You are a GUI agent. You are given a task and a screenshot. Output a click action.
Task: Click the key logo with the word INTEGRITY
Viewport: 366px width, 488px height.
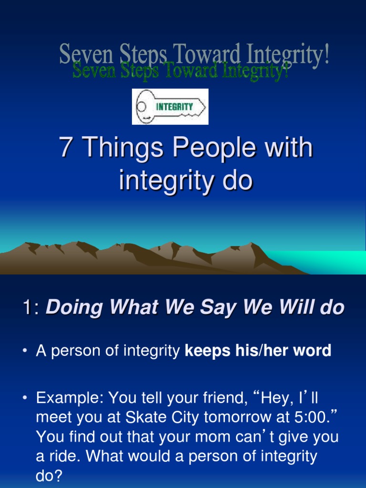pyautogui.click(x=170, y=107)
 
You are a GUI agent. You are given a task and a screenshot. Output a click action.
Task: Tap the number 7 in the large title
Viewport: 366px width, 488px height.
pyautogui.click(x=65, y=148)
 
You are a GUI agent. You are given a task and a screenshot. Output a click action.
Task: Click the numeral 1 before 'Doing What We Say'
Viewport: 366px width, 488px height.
pyautogui.click(x=27, y=308)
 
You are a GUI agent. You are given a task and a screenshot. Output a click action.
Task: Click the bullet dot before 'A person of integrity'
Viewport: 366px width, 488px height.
pyautogui.click(x=25, y=352)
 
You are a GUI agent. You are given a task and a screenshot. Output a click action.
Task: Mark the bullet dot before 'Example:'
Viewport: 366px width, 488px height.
pyautogui.click(x=25, y=397)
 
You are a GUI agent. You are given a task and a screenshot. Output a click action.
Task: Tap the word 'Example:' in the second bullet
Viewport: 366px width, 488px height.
pyautogui.click(x=70, y=397)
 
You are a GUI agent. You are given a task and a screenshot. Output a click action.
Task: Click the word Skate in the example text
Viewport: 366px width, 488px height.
pyautogui.click(x=143, y=417)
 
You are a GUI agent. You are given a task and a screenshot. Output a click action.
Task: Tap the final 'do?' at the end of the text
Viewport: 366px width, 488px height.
pyautogui.click(x=49, y=476)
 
